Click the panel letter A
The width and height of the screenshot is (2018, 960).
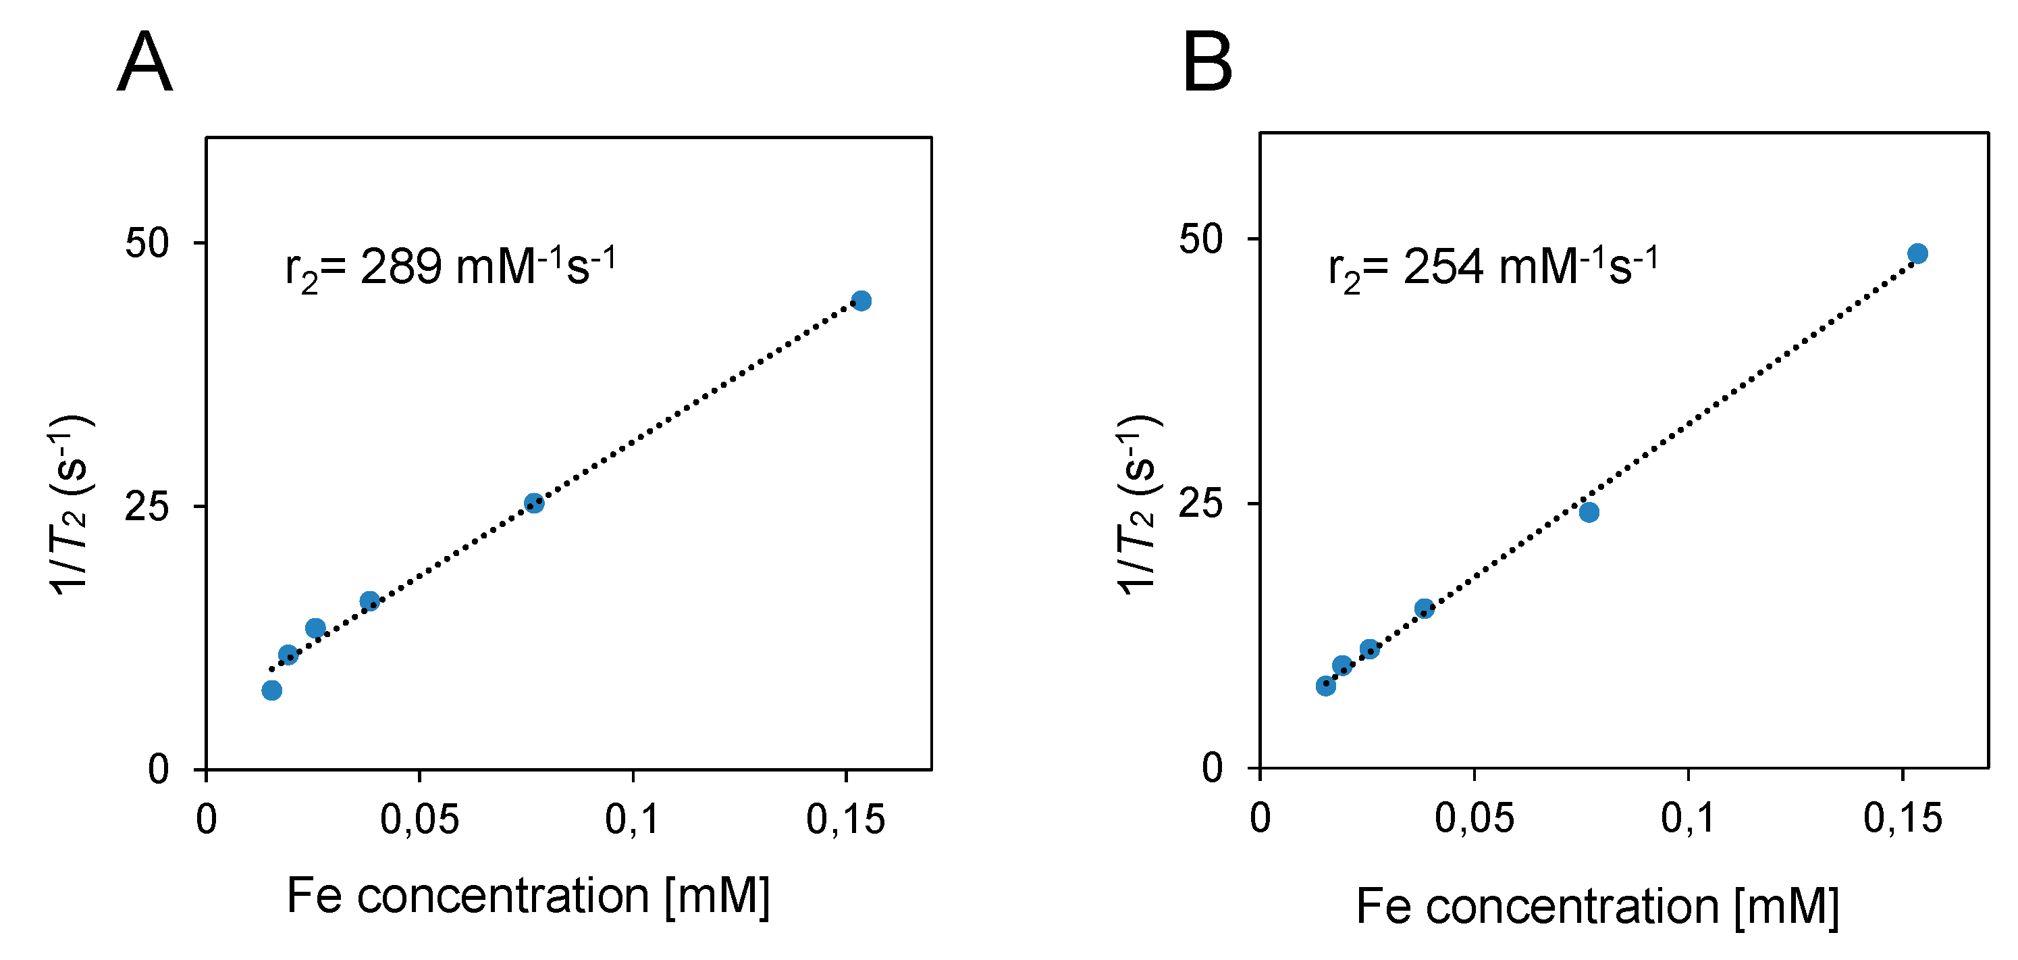145,64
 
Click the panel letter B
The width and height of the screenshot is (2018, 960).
1207,64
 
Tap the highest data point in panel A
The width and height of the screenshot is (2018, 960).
861,301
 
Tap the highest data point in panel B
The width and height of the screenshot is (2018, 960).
1917,254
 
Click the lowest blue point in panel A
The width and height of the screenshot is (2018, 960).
272,690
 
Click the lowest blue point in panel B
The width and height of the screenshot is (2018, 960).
1325,686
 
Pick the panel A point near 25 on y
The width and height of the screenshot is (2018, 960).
534,503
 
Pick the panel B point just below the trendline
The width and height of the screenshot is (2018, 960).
1589,513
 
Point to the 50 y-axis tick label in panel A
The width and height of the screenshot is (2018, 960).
147,244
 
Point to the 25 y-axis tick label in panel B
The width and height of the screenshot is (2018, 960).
1200,503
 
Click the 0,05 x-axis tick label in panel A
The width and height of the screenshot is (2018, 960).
419,819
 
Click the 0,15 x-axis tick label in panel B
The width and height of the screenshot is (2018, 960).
1903,818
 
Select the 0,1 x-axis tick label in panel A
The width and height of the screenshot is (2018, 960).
632,819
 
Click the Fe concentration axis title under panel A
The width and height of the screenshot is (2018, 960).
528,896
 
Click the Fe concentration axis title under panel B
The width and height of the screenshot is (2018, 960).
1597,907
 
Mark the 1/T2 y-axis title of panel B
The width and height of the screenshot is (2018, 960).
1139,505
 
